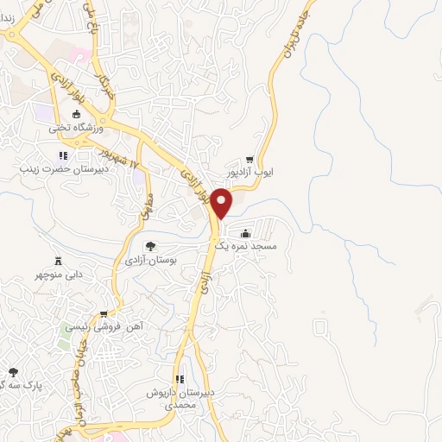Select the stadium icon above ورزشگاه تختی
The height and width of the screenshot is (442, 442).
click(x=76, y=115)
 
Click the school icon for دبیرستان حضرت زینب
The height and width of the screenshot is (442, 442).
click(x=62, y=156)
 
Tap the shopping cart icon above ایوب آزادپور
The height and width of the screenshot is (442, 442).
click(x=249, y=160)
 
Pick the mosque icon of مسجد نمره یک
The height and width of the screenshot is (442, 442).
click(x=246, y=231)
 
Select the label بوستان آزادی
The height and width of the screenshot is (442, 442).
click(x=150, y=259)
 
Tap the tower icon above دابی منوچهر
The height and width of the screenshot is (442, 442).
click(x=59, y=260)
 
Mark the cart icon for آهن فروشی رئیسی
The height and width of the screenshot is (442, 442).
click(x=104, y=314)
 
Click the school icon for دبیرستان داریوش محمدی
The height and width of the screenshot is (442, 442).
click(x=180, y=379)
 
